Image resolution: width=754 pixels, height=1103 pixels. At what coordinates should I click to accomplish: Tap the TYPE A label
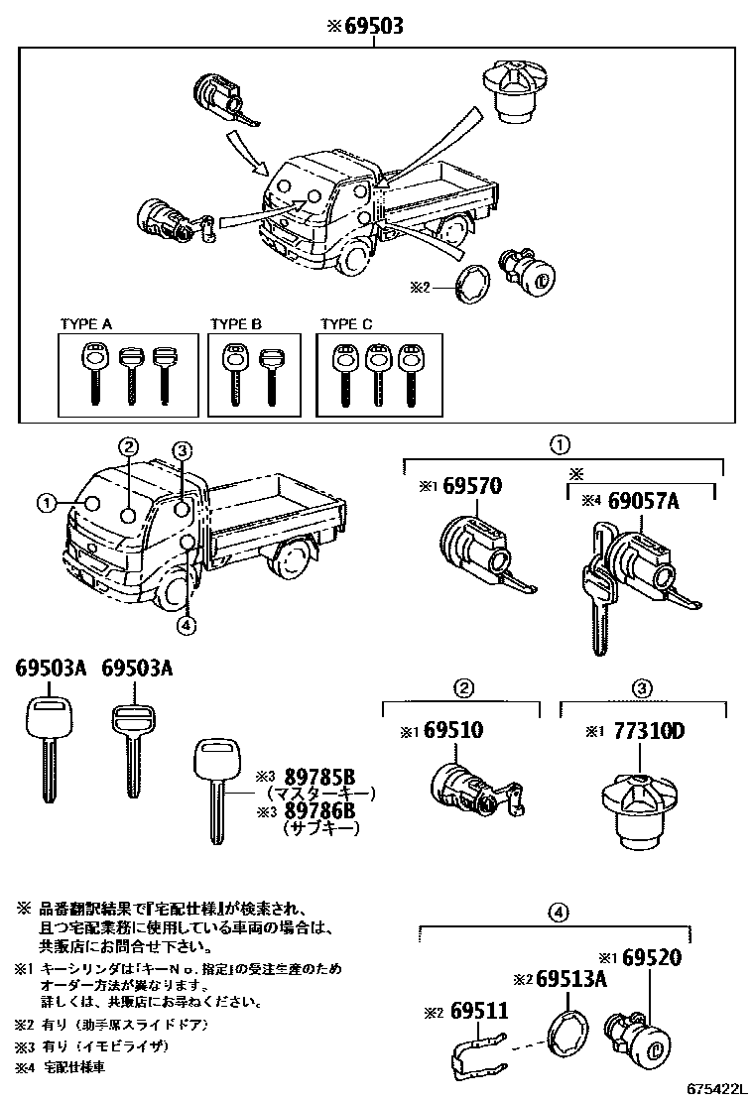point(86,324)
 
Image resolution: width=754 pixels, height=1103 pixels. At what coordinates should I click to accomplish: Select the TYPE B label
point(235,324)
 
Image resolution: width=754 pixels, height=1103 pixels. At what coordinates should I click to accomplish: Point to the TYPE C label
point(346,324)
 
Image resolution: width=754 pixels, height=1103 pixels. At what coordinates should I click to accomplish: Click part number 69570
point(471,486)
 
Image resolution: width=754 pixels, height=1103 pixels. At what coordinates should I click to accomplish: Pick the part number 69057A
point(642,502)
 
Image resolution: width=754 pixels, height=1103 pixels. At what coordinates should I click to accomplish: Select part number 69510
point(453,731)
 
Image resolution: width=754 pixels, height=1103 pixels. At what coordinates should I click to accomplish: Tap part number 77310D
point(650,731)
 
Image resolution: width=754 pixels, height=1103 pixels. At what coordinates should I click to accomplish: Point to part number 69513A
point(571,980)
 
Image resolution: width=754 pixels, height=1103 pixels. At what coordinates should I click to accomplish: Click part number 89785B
point(319,778)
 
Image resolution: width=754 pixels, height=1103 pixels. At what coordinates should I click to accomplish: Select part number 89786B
point(319,811)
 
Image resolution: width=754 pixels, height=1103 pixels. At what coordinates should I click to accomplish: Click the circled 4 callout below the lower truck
point(188,625)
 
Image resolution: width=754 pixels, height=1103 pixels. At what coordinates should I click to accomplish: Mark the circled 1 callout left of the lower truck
point(46,503)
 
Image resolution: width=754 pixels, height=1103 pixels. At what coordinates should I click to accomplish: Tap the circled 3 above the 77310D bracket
point(642,688)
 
